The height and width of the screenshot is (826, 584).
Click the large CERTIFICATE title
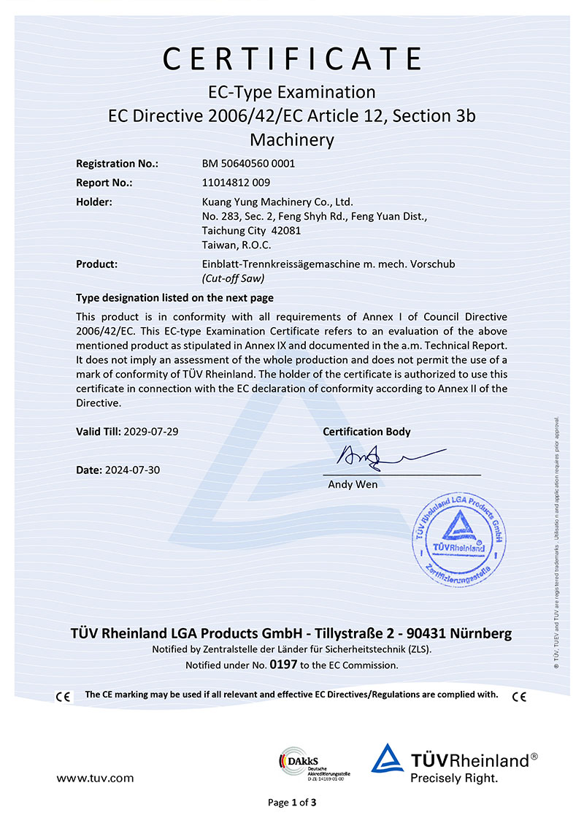pyautogui.click(x=292, y=58)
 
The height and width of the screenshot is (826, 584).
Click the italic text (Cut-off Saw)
pyautogui.click(x=232, y=278)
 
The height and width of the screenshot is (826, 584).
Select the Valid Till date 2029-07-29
pyautogui.click(x=151, y=432)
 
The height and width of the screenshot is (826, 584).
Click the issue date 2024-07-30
pyautogui.click(x=132, y=470)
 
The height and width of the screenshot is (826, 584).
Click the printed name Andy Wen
pyautogui.click(x=353, y=484)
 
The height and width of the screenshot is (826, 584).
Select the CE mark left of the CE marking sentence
pyautogui.click(x=64, y=697)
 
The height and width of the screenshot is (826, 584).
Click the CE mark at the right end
pyautogui.click(x=519, y=697)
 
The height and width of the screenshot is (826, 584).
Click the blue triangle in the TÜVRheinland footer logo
pyautogui.click(x=387, y=760)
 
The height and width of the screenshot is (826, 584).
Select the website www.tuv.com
pyautogui.click(x=95, y=779)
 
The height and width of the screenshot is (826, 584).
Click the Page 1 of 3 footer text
pyautogui.click(x=292, y=803)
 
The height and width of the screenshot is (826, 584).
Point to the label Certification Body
pyautogui.click(x=366, y=432)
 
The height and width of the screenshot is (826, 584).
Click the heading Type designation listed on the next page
pyautogui.click(x=175, y=298)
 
